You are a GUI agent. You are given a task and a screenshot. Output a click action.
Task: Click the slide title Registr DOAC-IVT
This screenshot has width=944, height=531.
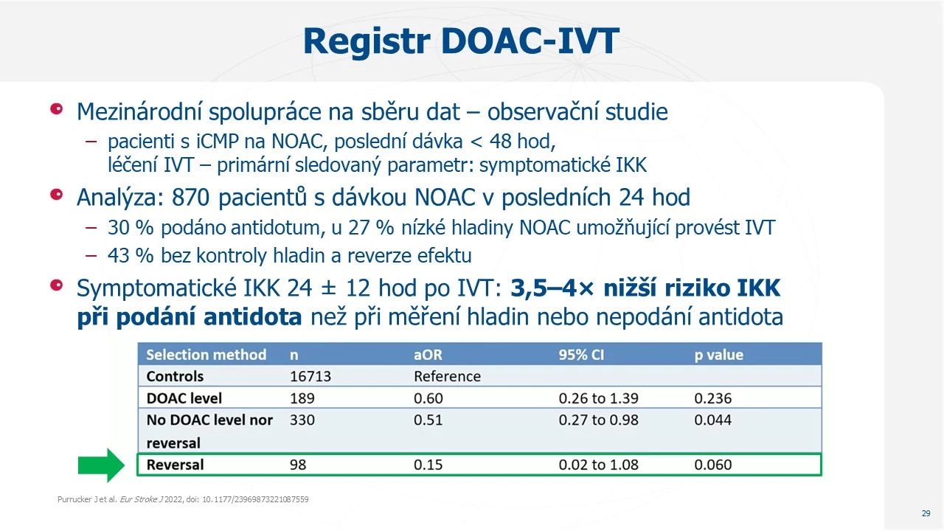click(x=461, y=41)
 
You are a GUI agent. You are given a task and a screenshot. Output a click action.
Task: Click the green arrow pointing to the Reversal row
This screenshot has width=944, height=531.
click(x=102, y=465)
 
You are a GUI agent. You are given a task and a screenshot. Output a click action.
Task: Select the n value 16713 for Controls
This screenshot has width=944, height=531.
click(x=310, y=376)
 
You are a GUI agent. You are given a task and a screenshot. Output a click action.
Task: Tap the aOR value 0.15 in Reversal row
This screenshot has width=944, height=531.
click(x=428, y=465)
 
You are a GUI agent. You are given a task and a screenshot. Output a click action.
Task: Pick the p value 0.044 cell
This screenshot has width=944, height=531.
click(x=713, y=420)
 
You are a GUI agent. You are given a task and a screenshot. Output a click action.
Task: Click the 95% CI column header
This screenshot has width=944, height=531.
click(x=581, y=355)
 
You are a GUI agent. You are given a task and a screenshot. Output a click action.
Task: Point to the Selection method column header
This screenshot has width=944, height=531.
click(x=206, y=355)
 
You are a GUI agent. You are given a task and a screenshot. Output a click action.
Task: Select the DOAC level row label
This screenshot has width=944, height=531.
click(x=184, y=398)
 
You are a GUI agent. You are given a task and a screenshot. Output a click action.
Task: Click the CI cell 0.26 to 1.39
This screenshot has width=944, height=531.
click(x=598, y=398)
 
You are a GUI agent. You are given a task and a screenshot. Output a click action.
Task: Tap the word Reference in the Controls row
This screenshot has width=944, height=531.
click(x=447, y=376)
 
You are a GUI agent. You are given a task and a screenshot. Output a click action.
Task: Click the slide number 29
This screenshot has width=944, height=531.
click(x=926, y=513)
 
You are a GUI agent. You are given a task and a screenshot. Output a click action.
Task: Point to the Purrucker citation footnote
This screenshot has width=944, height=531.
click(x=183, y=499)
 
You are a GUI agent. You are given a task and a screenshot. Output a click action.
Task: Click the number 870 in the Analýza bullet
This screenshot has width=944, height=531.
click(x=190, y=197)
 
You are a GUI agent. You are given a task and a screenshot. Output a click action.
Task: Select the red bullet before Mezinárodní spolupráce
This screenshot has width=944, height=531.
click(x=57, y=108)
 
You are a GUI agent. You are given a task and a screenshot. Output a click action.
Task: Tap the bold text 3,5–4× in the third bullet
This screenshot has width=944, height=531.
click(x=552, y=288)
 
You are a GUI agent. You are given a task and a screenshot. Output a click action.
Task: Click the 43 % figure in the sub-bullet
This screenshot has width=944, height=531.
click(x=131, y=255)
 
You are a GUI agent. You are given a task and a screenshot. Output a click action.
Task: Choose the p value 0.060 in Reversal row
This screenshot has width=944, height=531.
click(x=713, y=465)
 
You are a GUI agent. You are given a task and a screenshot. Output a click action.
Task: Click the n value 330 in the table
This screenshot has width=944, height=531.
click(x=302, y=420)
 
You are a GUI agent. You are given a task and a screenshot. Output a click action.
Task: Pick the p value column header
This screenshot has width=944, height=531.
click(x=718, y=355)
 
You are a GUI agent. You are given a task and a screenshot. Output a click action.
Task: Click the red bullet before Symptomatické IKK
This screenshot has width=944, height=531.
click(x=57, y=285)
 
